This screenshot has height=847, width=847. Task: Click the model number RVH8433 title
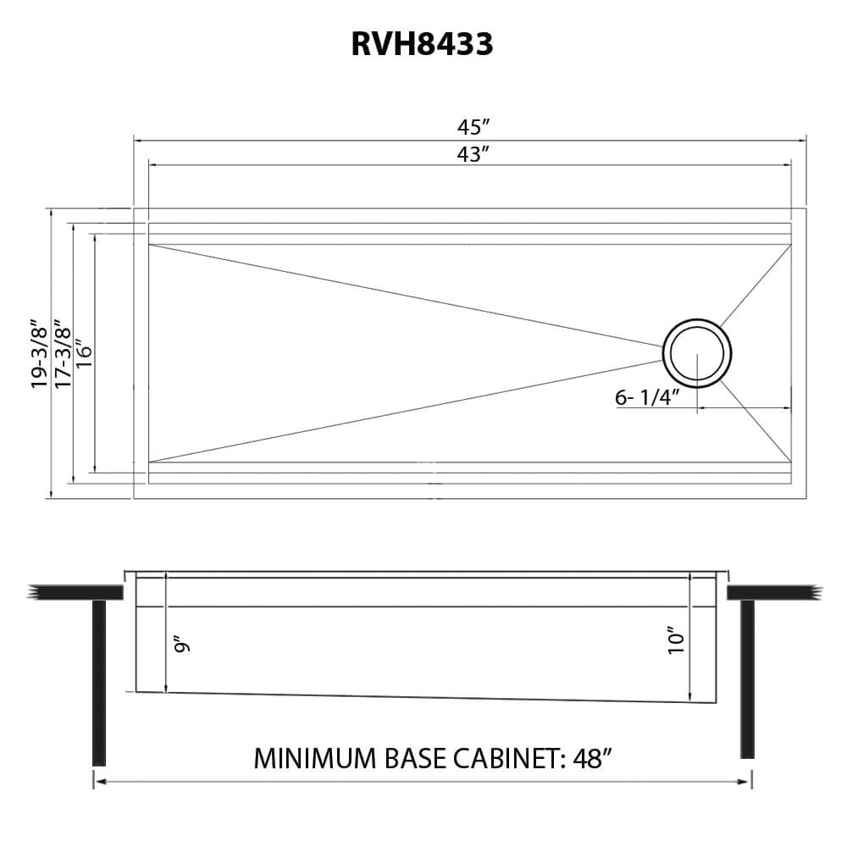pyautogui.click(x=423, y=44)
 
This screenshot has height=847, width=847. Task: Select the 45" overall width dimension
pyautogui.click(x=474, y=127)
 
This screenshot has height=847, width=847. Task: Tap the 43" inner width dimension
pyautogui.click(x=474, y=154)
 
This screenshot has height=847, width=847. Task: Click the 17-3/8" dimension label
pyautogui.click(x=61, y=353)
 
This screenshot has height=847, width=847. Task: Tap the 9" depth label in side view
pyautogui.click(x=181, y=647)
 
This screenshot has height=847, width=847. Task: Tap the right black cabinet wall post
pyautogui.click(x=747, y=678)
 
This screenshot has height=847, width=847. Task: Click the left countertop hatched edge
pyautogui.click(x=34, y=592)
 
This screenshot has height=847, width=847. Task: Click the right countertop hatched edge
pyautogui.click(x=814, y=592)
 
